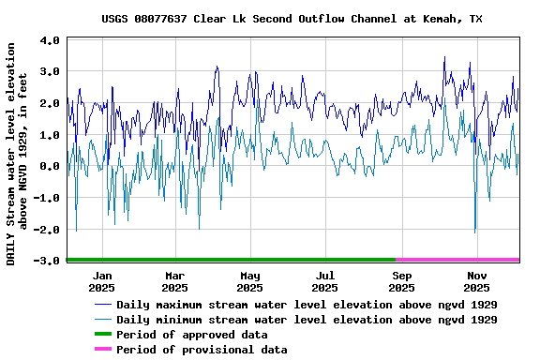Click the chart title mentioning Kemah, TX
click(292, 19)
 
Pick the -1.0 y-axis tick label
click(48, 198)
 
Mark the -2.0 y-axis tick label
click(48, 230)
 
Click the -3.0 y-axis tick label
click(48, 261)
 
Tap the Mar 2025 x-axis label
click(175, 281)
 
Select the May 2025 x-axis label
click(250, 281)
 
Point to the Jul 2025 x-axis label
click(325, 281)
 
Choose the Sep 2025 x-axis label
click(401, 281)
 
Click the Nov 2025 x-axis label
click(477, 281)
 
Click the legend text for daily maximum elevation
click(307, 305)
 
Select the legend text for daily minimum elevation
click(307, 320)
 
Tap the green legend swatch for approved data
click(101, 335)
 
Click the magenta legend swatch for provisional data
click(101, 350)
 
